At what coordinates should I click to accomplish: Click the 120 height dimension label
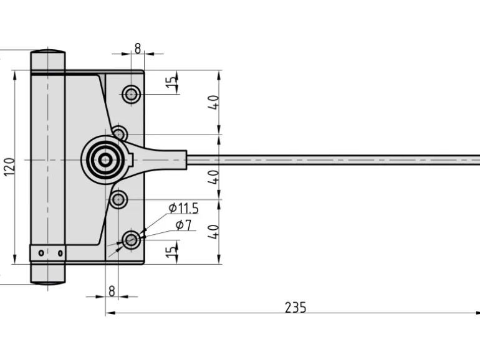(x=9, y=167)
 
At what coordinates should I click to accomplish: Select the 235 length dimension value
(x=295, y=307)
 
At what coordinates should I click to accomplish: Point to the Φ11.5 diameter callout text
(x=183, y=209)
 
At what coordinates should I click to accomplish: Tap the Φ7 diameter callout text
(x=183, y=225)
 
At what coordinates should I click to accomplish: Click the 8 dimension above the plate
(x=137, y=47)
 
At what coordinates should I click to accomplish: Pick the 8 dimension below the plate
(x=112, y=290)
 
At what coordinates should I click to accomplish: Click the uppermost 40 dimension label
(x=214, y=102)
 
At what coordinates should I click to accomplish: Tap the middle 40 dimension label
(x=214, y=176)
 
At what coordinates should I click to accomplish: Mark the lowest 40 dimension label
(x=214, y=232)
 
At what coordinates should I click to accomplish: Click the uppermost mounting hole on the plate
(x=131, y=95)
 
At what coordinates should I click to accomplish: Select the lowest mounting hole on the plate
(x=131, y=239)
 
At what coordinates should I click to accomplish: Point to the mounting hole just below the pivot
(x=118, y=200)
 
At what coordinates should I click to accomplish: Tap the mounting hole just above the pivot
(x=120, y=133)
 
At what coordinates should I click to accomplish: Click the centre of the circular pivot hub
(x=106, y=159)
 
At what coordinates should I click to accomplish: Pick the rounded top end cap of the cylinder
(x=48, y=52)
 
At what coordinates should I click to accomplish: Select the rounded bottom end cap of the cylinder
(x=48, y=282)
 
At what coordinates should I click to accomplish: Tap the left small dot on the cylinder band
(x=41, y=253)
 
